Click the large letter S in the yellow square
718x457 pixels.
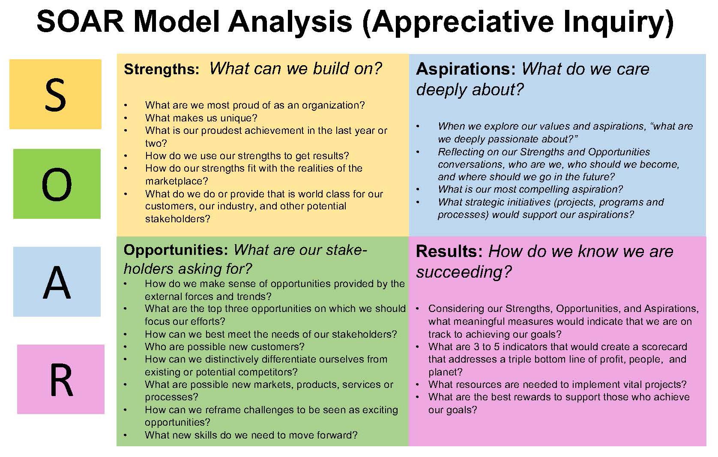click(x=55, y=95)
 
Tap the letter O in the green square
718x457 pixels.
click(x=57, y=185)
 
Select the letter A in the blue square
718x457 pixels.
click(x=57, y=283)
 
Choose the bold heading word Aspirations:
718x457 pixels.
click(x=466, y=70)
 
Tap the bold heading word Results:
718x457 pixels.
click(x=449, y=251)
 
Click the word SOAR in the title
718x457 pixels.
click(x=81, y=22)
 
